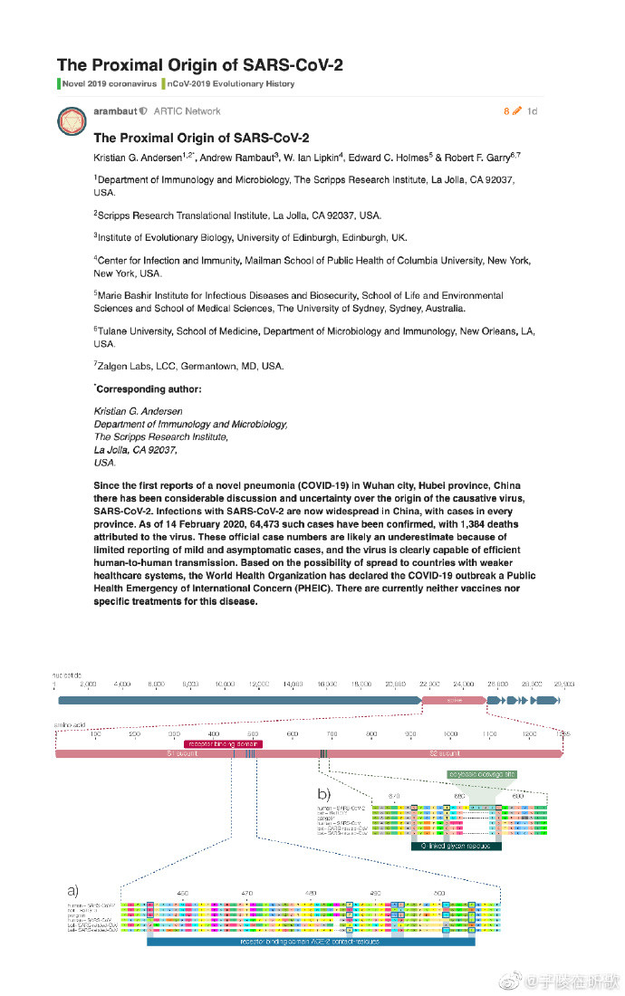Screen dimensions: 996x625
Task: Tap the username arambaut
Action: point(114,111)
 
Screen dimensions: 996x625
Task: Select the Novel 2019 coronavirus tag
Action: point(109,84)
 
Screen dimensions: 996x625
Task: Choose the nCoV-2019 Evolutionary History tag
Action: point(228,84)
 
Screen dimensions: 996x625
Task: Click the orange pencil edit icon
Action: point(516,111)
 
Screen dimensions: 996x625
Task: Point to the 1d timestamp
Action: point(532,111)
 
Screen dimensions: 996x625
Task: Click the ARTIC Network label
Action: point(187,111)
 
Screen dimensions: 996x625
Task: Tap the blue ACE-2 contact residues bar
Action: point(311,942)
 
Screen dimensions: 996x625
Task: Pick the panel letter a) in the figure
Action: point(68,889)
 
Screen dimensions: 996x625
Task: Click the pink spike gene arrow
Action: point(452,701)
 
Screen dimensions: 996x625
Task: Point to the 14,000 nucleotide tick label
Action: point(293,684)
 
